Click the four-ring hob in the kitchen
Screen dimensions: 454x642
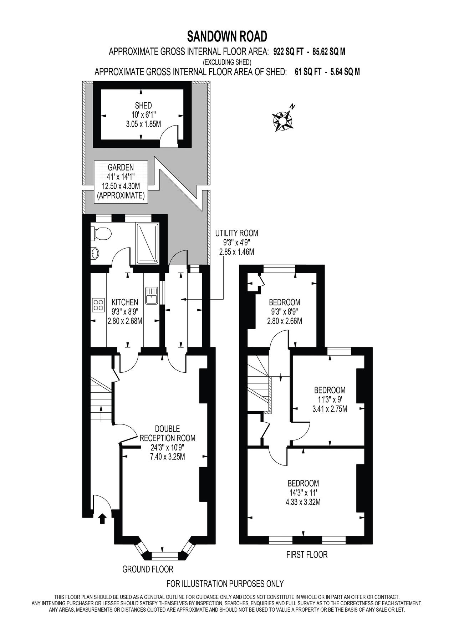click(98, 304)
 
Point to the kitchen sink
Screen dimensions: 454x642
click(152, 295)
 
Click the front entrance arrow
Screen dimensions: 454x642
click(102, 518)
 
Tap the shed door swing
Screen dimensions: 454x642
click(169, 136)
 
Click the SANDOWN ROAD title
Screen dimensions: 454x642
click(227, 36)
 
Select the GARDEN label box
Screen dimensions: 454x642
click(121, 181)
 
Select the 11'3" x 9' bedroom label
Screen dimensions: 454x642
click(330, 399)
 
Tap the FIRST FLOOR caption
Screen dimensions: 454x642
click(307, 555)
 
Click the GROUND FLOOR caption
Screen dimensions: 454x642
click(148, 569)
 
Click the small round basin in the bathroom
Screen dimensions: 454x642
click(95, 253)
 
